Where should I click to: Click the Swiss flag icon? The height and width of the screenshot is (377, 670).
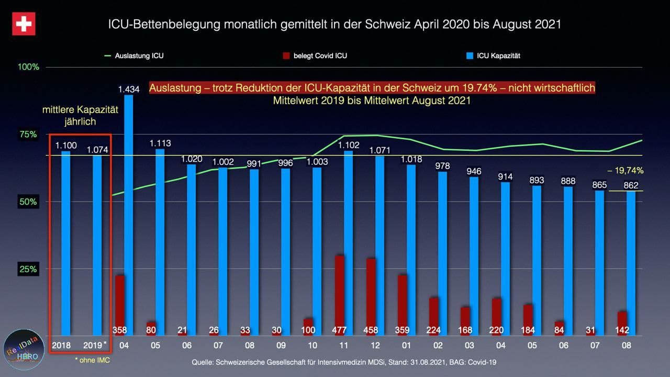[x=24, y=24]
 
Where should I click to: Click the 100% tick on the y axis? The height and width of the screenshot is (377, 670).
[x=29, y=67]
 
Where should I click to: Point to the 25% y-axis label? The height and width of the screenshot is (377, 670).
[x=29, y=269]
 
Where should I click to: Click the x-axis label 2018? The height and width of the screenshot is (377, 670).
[x=62, y=346]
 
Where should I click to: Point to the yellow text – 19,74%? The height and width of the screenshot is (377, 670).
[x=625, y=170]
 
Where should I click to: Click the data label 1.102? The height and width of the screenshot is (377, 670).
[x=349, y=145]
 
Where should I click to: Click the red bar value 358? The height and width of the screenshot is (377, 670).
[x=120, y=330]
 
